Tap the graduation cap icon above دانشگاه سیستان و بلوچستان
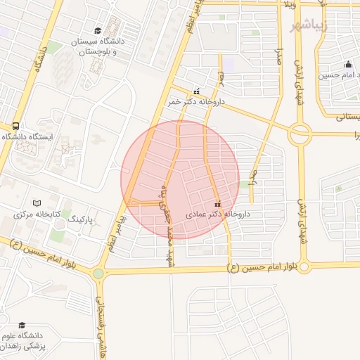click(98, 31)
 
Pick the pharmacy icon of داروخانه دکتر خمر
click(195, 91)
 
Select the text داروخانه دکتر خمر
click(195, 102)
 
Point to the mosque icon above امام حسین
click(347, 65)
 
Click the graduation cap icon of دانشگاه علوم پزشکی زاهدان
click(22, 326)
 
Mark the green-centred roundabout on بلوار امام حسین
click(98, 273)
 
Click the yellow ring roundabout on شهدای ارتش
click(300, 133)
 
